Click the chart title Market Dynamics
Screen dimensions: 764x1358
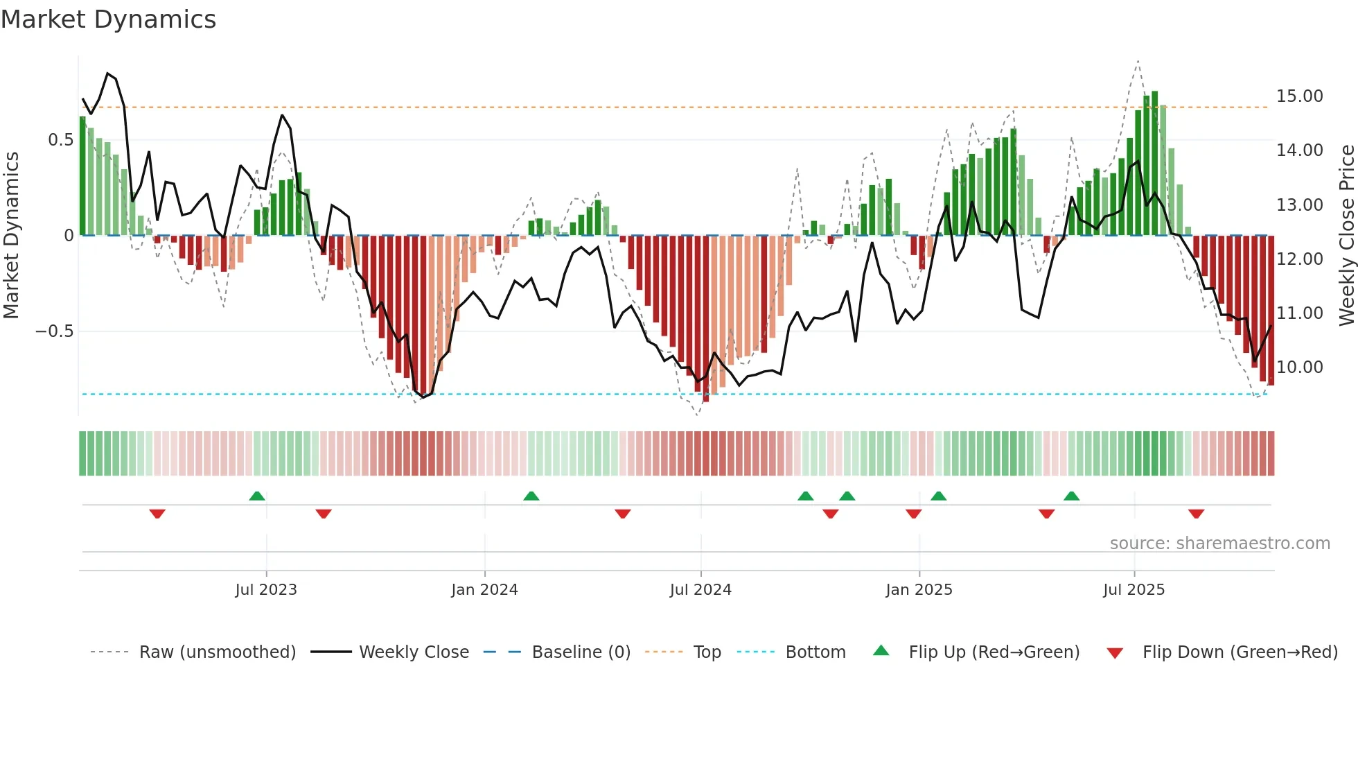click(x=108, y=19)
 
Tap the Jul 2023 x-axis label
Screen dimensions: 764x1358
click(x=266, y=590)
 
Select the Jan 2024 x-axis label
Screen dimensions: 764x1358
click(x=484, y=590)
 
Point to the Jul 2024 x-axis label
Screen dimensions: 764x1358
click(x=700, y=590)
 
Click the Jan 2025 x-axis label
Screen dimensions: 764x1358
click(x=919, y=590)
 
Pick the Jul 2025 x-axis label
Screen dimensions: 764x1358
click(x=1134, y=590)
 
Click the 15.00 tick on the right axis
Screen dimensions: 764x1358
click(x=1299, y=96)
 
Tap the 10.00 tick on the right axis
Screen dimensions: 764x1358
click(x=1299, y=367)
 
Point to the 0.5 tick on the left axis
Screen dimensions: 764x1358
click(x=60, y=140)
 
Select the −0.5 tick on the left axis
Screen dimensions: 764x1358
click(x=55, y=331)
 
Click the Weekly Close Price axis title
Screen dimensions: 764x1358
click(x=1346, y=236)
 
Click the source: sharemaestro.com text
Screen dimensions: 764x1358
click(x=1219, y=544)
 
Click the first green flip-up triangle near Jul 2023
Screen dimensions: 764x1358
click(x=257, y=496)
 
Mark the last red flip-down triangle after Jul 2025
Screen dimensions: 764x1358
click(x=1196, y=514)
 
